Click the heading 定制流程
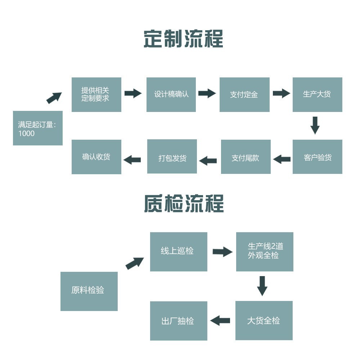pos(183,39)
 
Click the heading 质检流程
pos(184,203)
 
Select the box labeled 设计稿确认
pos(171,94)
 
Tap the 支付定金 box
pos(244,94)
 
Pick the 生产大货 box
pos(317,94)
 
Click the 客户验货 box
pos(317,157)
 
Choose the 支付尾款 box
pos(246,157)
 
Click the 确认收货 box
pos(96,157)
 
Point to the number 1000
pos(26,134)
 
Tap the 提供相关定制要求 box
pos(96,94)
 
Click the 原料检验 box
pos(89,291)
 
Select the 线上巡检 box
pos(179,251)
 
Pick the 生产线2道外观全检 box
pos(265,251)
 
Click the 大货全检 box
pos(264,320)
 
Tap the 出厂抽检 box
pos(179,320)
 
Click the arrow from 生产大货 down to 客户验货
pos(315,125)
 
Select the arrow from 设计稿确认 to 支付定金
pos(207,93)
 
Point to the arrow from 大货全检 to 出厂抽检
pos(220,320)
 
